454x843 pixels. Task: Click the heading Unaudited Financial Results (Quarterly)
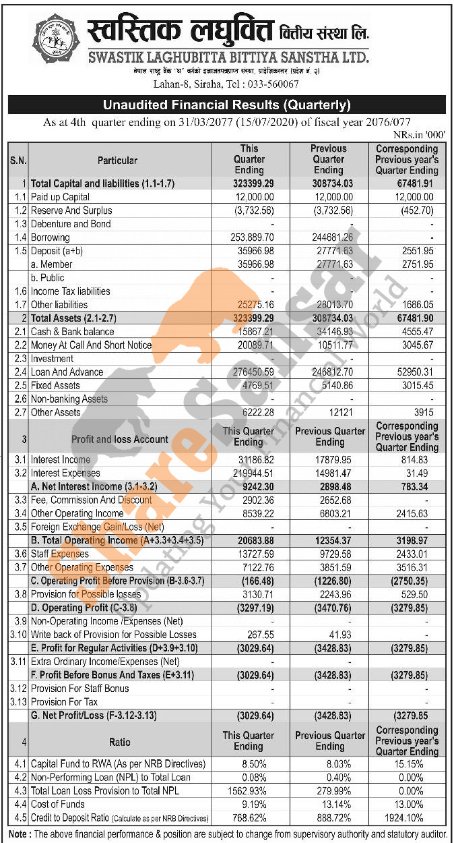pos(226,105)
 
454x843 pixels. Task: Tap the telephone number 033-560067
pos(269,84)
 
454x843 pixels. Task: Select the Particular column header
pos(117,161)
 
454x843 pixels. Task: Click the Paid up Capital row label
pos(60,197)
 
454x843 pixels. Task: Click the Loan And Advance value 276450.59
pos(251,372)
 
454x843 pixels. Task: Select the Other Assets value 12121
pos(339,413)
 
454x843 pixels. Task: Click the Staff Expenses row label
pos(60,554)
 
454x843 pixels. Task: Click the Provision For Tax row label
pos(65,702)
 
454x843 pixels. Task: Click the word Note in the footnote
pos(19,834)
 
